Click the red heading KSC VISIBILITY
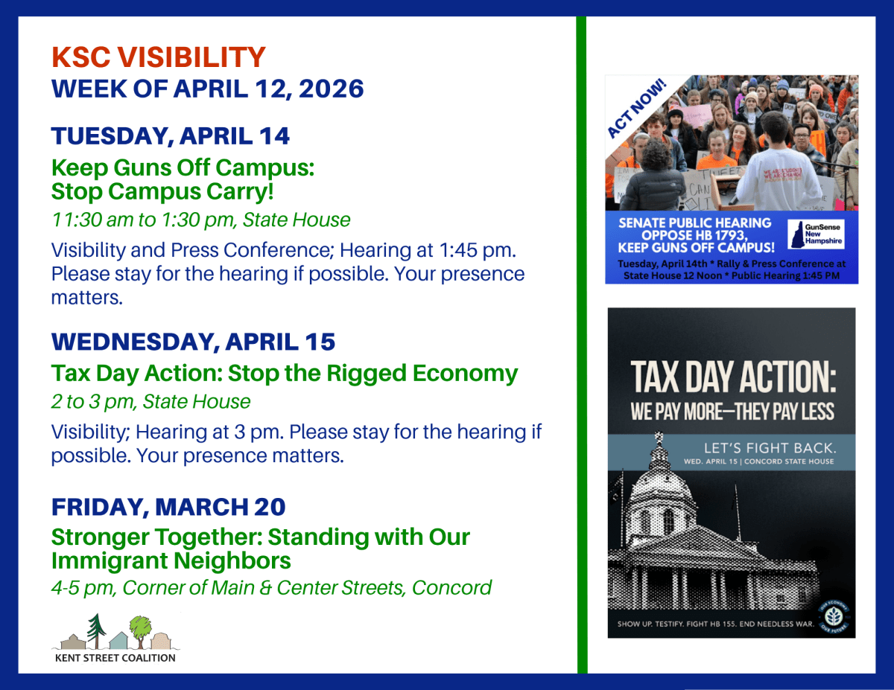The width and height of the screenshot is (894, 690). tap(158, 57)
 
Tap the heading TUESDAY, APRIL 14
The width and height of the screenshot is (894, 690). tap(171, 136)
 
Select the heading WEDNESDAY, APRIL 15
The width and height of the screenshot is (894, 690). tap(193, 342)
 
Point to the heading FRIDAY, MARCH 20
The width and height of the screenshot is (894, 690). tap(168, 507)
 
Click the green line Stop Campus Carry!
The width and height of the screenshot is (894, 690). tap(162, 191)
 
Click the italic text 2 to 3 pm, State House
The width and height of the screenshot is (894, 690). tap(150, 402)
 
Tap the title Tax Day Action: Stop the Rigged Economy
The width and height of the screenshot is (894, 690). tap(284, 373)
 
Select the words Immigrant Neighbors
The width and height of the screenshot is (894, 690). tap(171, 560)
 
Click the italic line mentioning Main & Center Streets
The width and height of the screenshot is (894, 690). tap(271, 587)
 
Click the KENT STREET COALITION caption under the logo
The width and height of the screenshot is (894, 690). tap(115, 657)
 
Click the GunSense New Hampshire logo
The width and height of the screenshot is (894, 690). tap(817, 233)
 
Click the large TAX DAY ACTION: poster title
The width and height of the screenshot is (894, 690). tap(733, 378)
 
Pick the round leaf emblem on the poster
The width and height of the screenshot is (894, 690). tap(834, 616)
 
